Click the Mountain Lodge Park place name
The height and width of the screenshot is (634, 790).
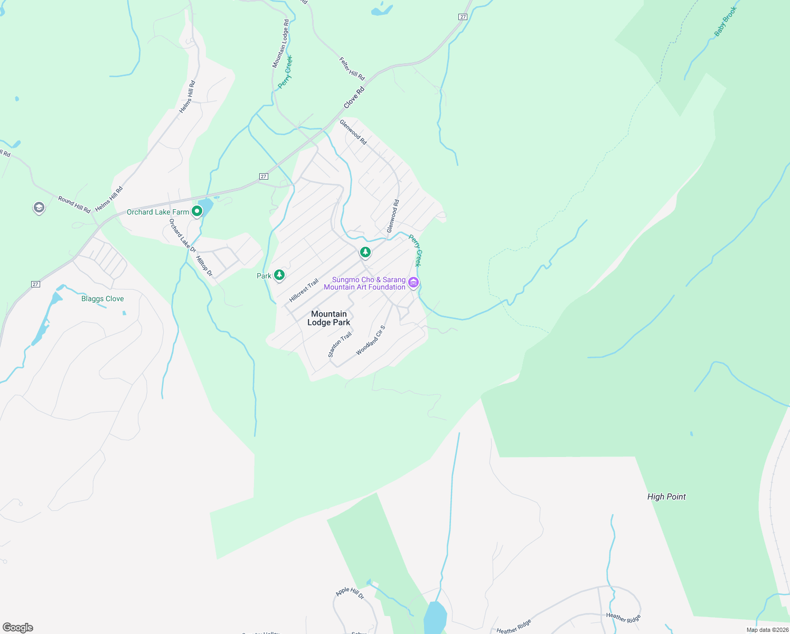tap(328, 318)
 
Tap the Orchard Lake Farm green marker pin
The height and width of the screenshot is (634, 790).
tap(197, 211)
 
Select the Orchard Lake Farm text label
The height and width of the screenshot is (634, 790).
tap(157, 212)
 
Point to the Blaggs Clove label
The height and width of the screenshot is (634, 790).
tap(102, 299)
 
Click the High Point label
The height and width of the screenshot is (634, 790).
tap(666, 497)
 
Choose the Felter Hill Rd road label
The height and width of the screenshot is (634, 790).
tap(352, 69)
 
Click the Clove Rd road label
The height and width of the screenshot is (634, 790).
tap(354, 98)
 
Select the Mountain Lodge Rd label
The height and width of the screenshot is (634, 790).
tap(280, 44)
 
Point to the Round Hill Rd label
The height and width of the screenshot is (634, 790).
tap(74, 204)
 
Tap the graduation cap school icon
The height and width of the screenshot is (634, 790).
tap(39, 208)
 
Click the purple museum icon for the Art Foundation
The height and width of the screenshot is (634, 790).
tap(413, 283)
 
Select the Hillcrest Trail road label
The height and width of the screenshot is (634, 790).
tap(304, 291)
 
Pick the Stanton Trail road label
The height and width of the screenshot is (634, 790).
tap(340, 345)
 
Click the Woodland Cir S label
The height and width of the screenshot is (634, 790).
tap(371, 340)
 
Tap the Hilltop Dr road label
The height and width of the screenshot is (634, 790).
tap(204, 266)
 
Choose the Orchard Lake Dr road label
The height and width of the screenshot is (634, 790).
tap(182, 236)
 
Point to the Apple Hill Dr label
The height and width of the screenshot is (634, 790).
tap(350, 593)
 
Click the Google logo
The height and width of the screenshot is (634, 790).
tap(18, 628)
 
